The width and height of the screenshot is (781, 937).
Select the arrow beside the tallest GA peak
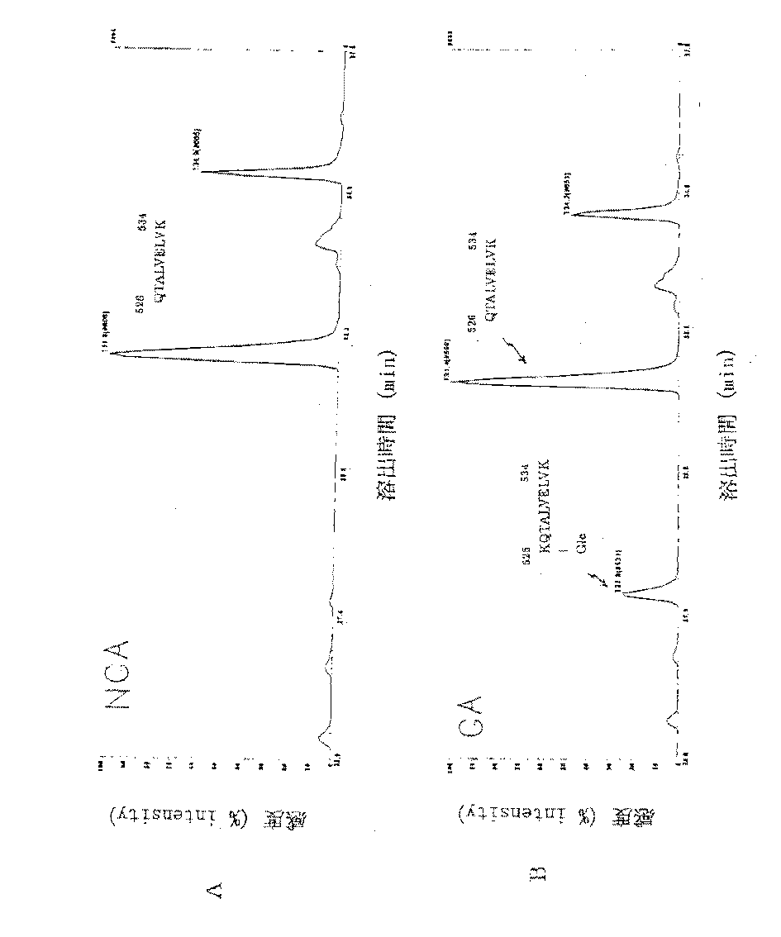click(519, 353)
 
